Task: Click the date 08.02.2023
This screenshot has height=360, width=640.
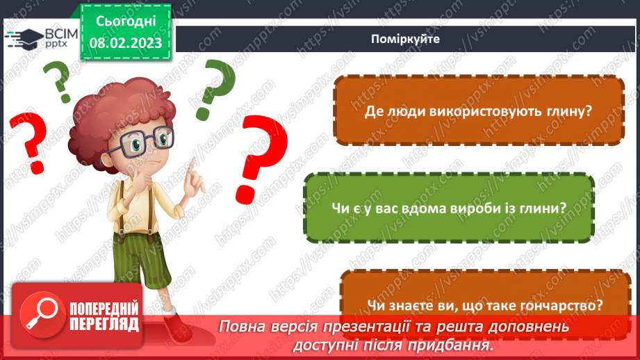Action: coord(126,43)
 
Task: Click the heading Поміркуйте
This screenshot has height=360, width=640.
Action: coord(406,39)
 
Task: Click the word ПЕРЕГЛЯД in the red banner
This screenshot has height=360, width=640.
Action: coord(104,324)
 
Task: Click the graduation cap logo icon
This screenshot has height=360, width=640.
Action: coord(21,38)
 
